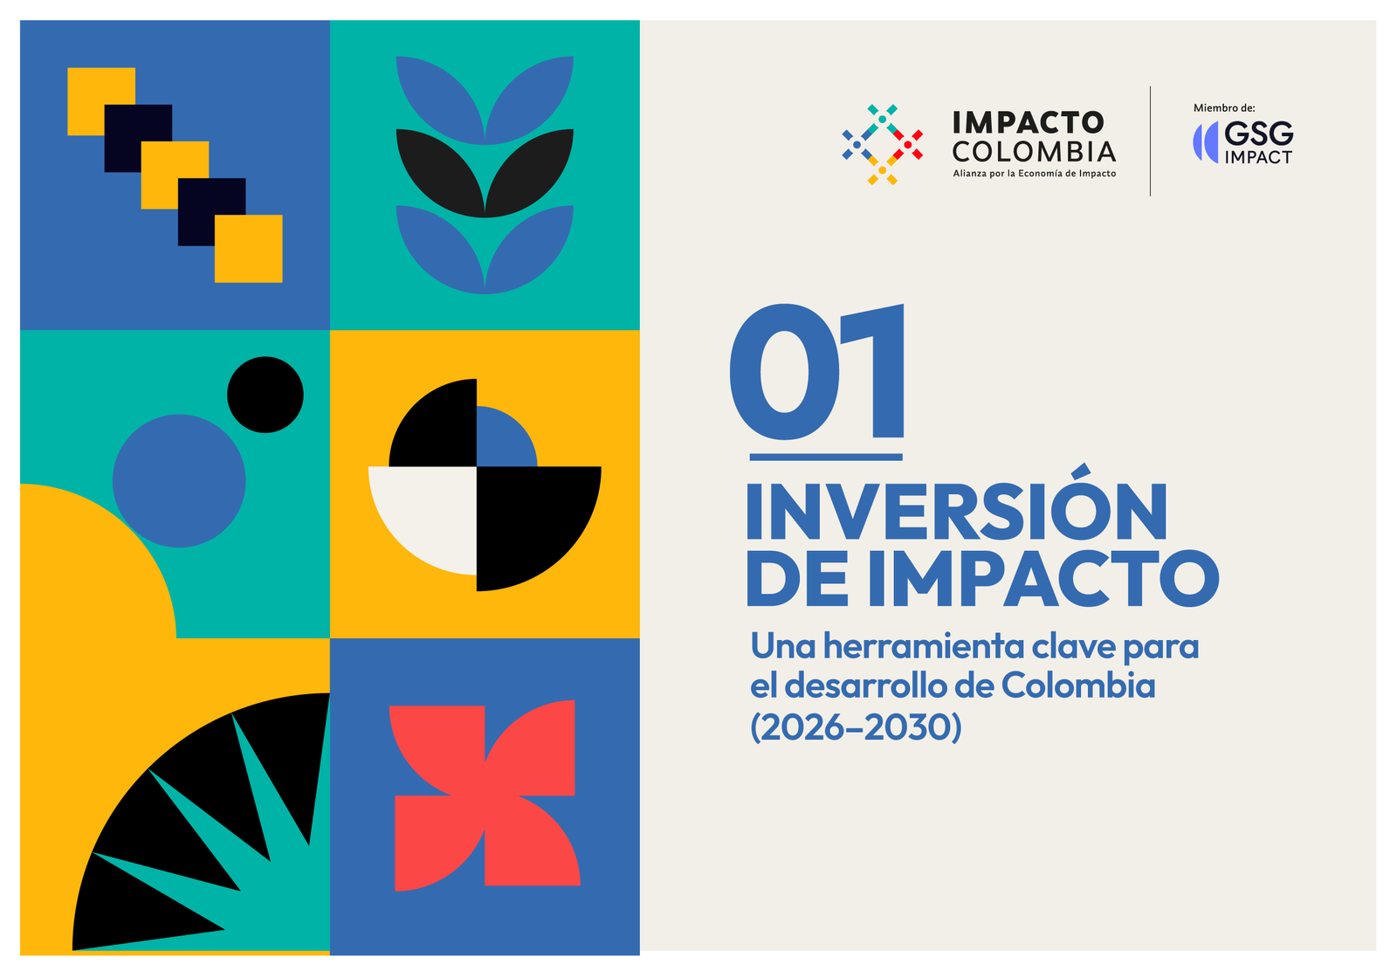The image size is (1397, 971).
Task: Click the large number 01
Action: pos(817,372)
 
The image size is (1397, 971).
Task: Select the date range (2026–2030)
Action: pos(856,727)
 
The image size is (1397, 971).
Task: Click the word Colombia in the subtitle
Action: pos(1078,685)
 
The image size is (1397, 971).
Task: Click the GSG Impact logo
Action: pos(1243,143)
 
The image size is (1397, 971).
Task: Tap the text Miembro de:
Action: pos(1224,108)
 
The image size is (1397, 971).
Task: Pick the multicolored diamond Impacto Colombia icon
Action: pos(883,145)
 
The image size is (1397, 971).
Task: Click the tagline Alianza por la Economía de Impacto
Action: pos(1034,174)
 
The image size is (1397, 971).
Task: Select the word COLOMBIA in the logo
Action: pos(1034,152)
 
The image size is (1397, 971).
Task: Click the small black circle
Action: pos(265,395)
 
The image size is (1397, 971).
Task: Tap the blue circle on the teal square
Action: pos(179,481)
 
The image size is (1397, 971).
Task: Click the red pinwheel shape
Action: pos(485,795)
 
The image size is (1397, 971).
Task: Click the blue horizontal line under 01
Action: pos(826,458)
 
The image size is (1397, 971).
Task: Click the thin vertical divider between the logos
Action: pos(1150,141)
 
